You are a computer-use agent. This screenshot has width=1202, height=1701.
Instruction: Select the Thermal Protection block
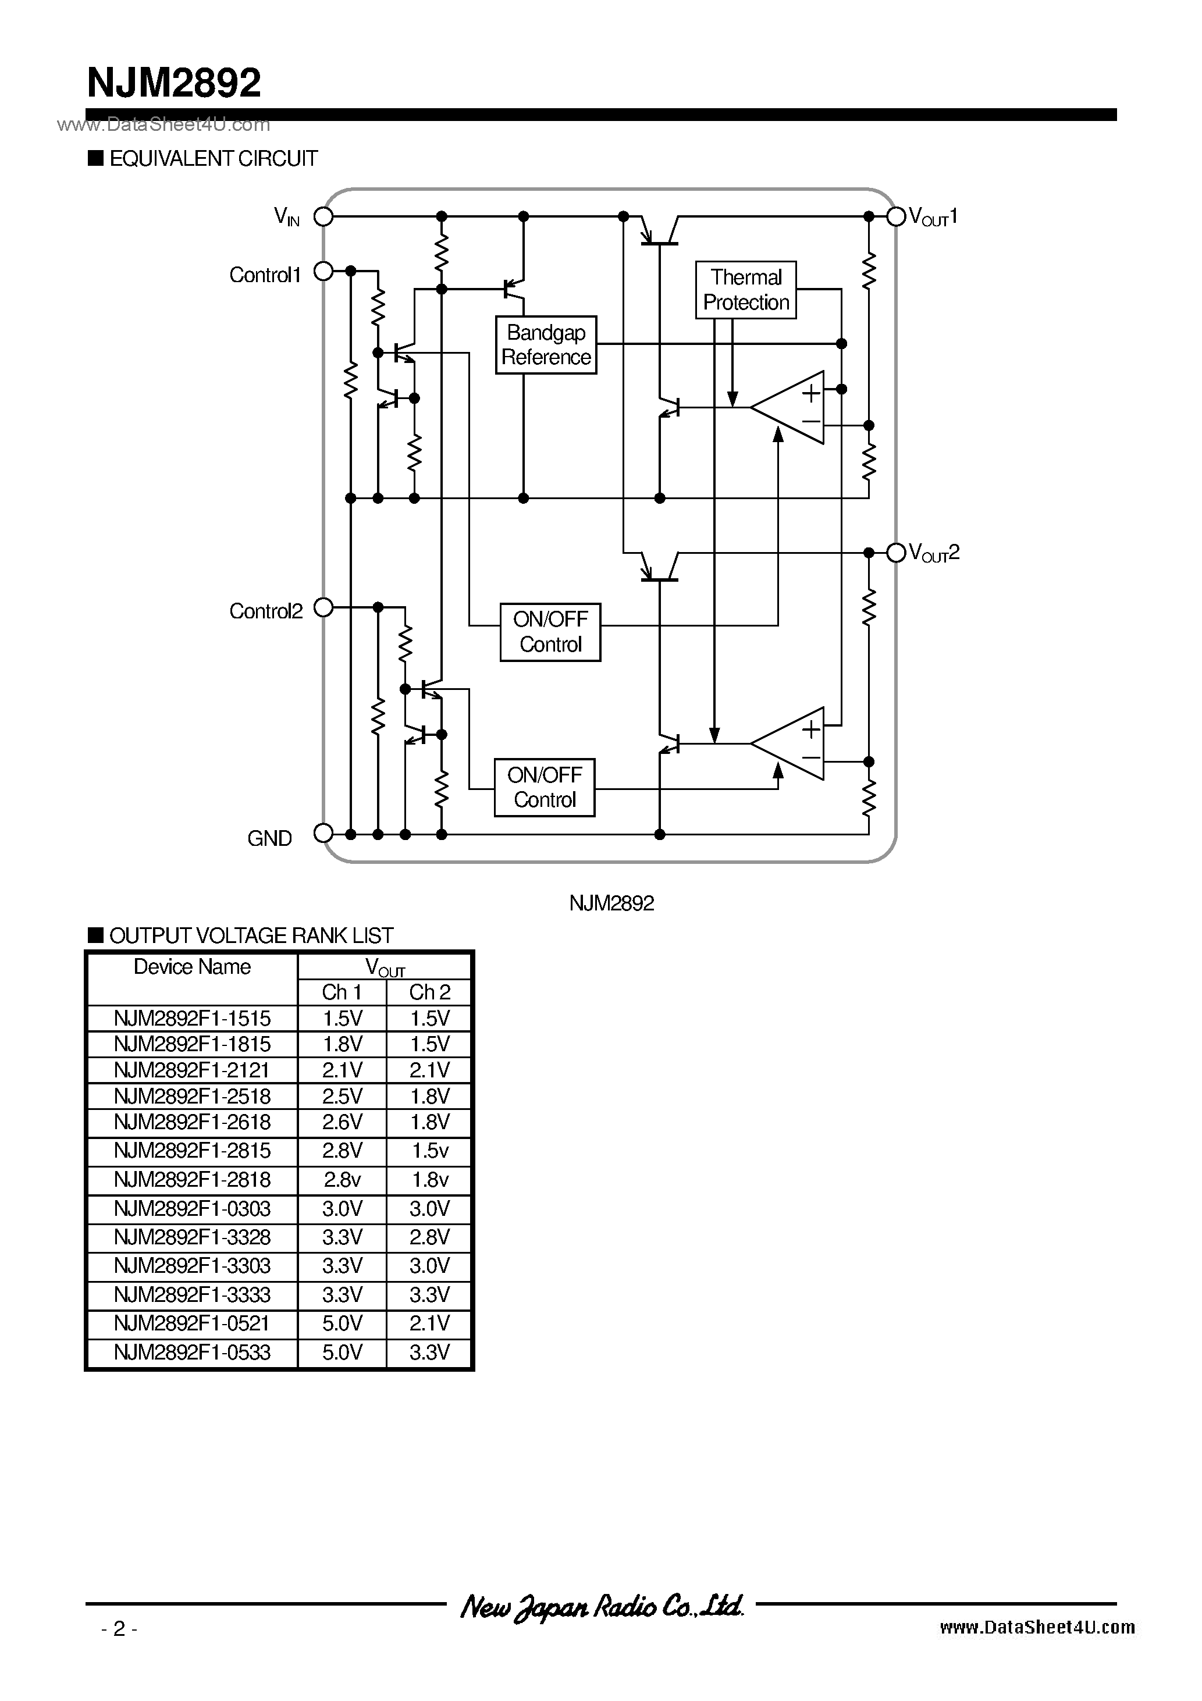pyautogui.click(x=745, y=290)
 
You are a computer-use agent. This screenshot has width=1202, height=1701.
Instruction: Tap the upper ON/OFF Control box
pyautogui.click(x=550, y=632)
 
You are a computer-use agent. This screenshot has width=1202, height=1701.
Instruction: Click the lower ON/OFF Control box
pyautogui.click(x=544, y=788)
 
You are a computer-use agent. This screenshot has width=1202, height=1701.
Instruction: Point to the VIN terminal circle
pyautogui.click(x=324, y=216)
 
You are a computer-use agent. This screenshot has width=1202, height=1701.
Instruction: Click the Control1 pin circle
pyautogui.click(x=324, y=272)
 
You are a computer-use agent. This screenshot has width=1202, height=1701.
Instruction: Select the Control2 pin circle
pyautogui.click(x=324, y=607)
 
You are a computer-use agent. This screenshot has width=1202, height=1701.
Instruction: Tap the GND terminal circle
pyautogui.click(x=324, y=834)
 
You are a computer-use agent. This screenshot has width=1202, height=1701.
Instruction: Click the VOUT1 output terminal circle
pyautogui.click(x=896, y=216)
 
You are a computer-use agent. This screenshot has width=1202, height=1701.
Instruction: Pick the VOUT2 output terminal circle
pyautogui.click(x=896, y=552)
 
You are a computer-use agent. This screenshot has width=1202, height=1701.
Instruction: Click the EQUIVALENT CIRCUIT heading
pyautogui.click(x=213, y=159)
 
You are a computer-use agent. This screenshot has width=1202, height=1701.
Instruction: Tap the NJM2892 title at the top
pyautogui.click(x=174, y=83)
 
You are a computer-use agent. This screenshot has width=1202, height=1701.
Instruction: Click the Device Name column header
pyautogui.click(x=192, y=967)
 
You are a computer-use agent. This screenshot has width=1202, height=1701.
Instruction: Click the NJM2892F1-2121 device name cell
pyautogui.click(x=192, y=1070)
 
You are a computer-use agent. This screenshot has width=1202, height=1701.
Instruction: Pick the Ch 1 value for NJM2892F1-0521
pyautogui.click(x=342, y=1323)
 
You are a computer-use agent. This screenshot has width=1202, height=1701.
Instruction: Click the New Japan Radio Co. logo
pyautogui.click(x=601, y=1606)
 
